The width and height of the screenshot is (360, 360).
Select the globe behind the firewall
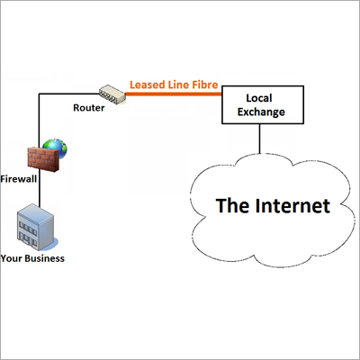click(58, 147)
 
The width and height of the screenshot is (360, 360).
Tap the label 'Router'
click(89, 107)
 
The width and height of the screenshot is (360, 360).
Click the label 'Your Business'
click(34, 259)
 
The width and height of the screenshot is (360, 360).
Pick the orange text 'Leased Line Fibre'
click(174, 85)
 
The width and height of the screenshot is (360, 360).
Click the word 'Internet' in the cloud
click(292, 205)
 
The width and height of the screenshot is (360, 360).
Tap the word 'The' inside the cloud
click(233, 205)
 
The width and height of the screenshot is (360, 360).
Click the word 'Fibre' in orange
click(202, 85)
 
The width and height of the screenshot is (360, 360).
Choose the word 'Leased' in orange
click(146, 85)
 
